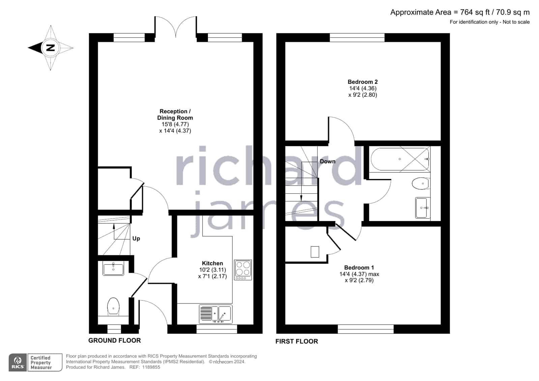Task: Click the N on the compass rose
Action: pos(51,47)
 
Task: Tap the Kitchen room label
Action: pos(212,263)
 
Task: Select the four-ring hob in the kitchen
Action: pos(243,270)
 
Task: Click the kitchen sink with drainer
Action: pos(216,314)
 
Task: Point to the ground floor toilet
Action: pos(113,307)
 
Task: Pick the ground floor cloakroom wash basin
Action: pos(113,268)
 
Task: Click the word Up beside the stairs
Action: pos(136,239)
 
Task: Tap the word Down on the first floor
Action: pos(328,161)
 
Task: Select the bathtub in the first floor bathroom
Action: pos(400,159)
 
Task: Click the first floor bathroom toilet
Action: pos(421,184)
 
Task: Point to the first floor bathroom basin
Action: pos(423,208)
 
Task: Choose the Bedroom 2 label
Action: pos(363,82)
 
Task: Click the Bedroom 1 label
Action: pos(359,267)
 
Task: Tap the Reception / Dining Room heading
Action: pos(175,115)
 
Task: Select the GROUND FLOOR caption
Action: pos(115,340)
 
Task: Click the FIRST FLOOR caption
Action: pos(297,341)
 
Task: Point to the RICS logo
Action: pos(18,362)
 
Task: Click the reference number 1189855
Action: pos(151,367)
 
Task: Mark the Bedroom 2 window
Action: pos(357,37)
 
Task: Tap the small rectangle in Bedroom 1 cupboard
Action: pos(315,252)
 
